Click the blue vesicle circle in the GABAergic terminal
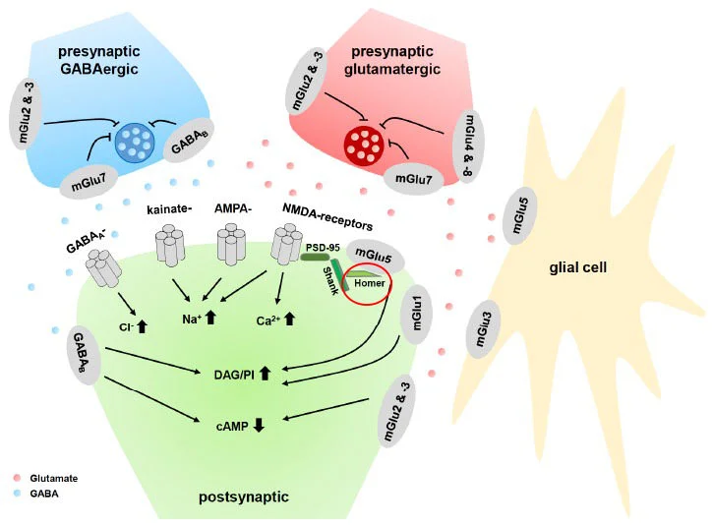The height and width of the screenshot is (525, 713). click(x=135, y=140)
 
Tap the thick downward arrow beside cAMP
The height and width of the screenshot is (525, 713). click(x=261, y=424)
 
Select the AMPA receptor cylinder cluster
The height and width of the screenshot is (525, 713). click(x=232, y=244)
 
